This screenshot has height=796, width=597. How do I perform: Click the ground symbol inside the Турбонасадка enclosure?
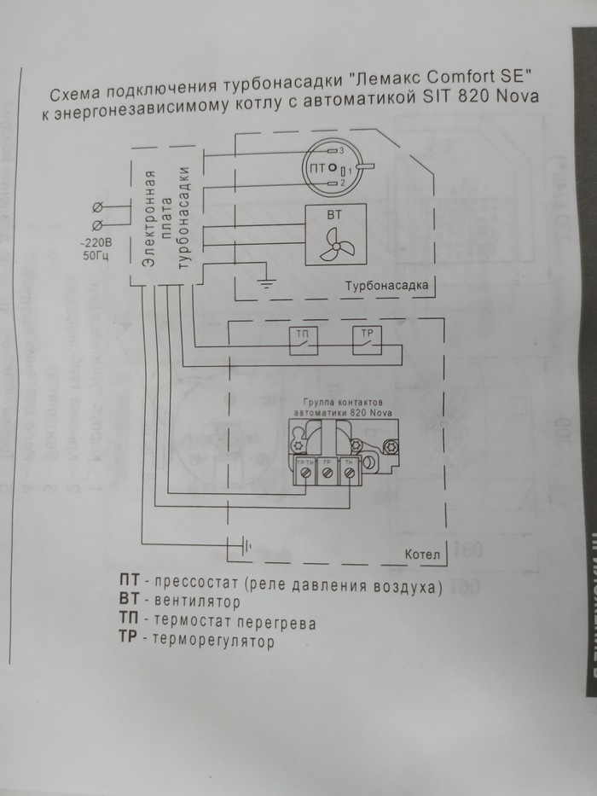pyautogui.click(x=269, y=282)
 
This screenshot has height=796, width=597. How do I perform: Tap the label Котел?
pyautogui.click(x=422, y=555)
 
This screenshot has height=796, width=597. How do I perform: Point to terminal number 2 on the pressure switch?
pyautogui.click(x=333, y=183)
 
